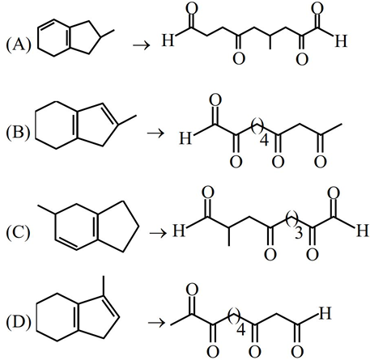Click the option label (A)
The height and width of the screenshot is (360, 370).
pos(19,45)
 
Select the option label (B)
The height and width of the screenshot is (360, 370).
pos(18,133)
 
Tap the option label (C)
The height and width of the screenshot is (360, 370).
pos(18,233)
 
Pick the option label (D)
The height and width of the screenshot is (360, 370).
pos(19,323)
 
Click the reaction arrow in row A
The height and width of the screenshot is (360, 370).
pos(141,44)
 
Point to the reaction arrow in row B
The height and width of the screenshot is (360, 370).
pos(155,133)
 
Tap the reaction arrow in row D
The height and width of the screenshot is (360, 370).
pos(156,323)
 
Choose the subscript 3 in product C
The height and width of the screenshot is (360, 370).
pos(299,233)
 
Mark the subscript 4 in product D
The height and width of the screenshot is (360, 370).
pos(241,329)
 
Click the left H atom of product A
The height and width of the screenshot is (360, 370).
pos(168,40)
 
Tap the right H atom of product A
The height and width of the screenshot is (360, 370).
pos(341,41)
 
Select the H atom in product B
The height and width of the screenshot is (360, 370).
pos(185,138)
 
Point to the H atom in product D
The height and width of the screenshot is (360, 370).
pos(325,313)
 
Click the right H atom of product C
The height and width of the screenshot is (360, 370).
pos(363,231)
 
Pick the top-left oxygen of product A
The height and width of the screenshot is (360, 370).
pos(192,9)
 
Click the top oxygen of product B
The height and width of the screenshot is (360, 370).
pos(215,100)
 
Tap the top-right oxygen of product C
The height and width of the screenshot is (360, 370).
pos(334,193)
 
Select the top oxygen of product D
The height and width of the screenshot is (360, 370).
pos(192,290)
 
